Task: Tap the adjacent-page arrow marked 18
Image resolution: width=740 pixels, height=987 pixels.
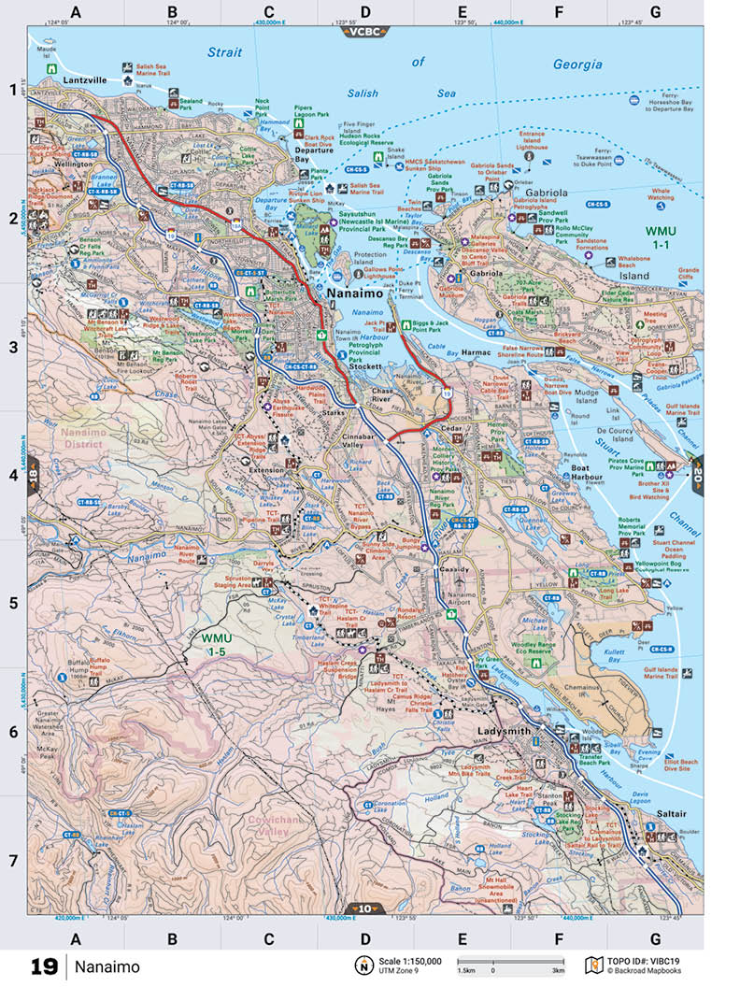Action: tap(34, 473)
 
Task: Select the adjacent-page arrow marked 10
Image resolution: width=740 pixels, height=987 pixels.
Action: tap(364, 908)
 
